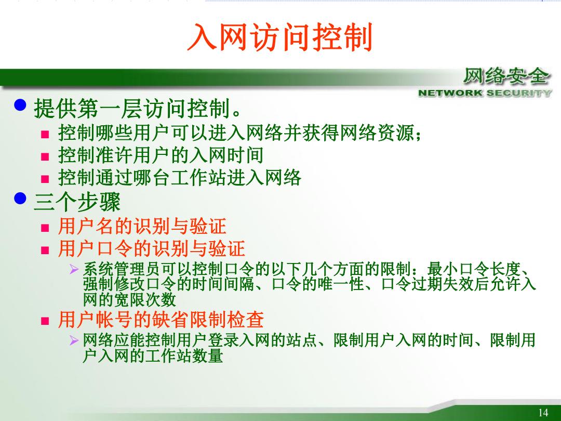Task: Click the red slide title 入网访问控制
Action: point(280,37)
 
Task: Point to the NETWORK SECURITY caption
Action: point(485,93)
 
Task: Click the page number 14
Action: point(543,412)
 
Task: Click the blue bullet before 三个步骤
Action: point(20,198)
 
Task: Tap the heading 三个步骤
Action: point(77,202)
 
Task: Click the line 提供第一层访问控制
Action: point(138,109)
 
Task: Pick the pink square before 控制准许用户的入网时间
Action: point(45,157)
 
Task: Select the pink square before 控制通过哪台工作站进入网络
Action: point(45,179)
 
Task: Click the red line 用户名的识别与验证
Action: point(142,226)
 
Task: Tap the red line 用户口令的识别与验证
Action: point(151,248)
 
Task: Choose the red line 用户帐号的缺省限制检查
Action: point(161,319)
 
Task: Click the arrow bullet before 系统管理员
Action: point(74,269)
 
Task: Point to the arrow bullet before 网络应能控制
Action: point(74,340)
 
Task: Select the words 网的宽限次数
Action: point(129,300)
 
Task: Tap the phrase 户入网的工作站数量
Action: point(153,356)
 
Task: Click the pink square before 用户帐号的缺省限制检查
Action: point(45,321)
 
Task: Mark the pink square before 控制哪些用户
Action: point(45,135)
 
